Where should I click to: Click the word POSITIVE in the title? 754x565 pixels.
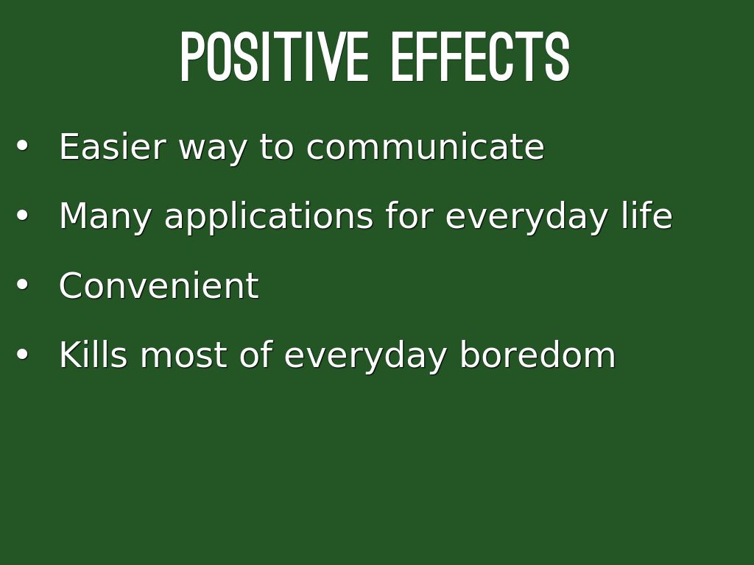(275, 57)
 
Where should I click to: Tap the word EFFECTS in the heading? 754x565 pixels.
(480, 57)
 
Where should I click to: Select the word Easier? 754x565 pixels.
(113, 146)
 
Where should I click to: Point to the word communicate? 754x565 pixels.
(425, 146)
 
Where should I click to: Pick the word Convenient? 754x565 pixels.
(159, 285)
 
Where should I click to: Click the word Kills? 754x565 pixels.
(94, 355)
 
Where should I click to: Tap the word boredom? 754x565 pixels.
(538, 355)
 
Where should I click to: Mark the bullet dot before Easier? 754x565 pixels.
(22, 146)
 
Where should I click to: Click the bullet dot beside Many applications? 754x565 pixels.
(22, 216)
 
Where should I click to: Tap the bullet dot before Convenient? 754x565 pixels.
(22, 285)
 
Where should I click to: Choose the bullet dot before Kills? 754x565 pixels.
(22, 354)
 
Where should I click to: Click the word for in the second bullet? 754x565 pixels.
(409, 216)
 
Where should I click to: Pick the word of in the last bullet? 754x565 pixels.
(256, 355)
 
